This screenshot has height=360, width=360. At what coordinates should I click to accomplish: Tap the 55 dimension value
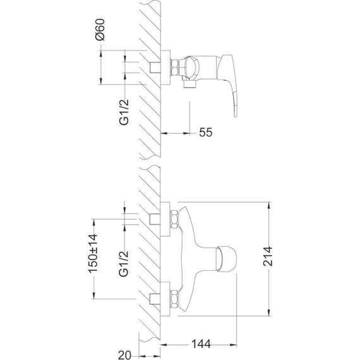click(x=205, y=132)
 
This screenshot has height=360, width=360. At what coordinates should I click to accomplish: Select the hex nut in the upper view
click(x=175, y=67)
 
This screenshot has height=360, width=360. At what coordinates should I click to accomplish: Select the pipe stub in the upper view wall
click(x=154, y=67)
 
